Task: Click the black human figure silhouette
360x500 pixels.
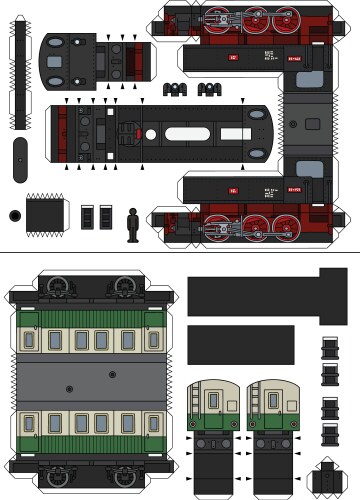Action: coord(134,224)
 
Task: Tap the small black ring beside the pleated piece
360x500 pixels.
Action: coord(13,215)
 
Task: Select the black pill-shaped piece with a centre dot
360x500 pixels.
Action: coord(21,158)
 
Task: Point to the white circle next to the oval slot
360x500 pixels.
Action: coord(149,134)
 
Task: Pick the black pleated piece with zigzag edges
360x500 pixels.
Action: coord(46,213)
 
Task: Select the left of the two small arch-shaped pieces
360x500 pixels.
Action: coord(178,90)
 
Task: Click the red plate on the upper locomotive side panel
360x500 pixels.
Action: coord(232,57)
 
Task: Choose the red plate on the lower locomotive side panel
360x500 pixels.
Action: coord(232,189)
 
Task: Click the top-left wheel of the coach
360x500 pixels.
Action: coord(57,286)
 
